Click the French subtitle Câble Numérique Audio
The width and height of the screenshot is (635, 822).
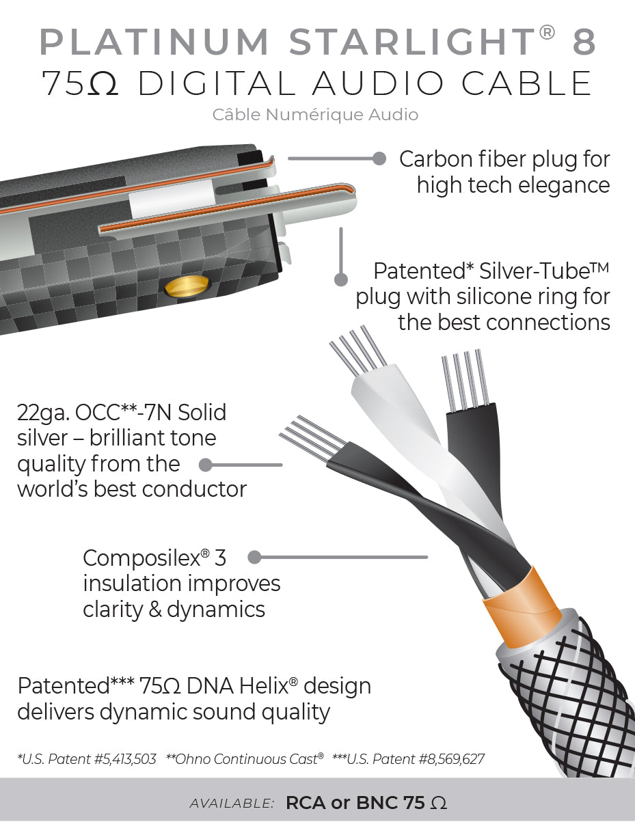[315, 114]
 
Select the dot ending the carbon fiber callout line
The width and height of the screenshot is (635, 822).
[380, 159]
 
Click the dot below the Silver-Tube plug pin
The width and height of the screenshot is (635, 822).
[340, 279]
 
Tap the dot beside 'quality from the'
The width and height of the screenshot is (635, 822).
[204, 465]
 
